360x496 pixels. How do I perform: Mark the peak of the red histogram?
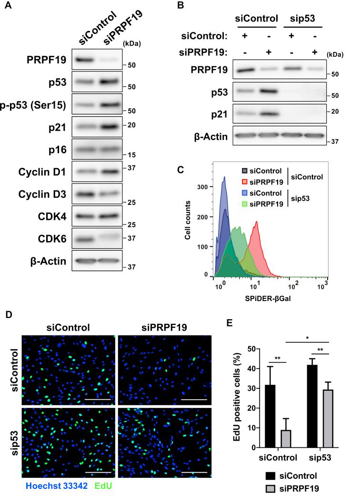point(257,222)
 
